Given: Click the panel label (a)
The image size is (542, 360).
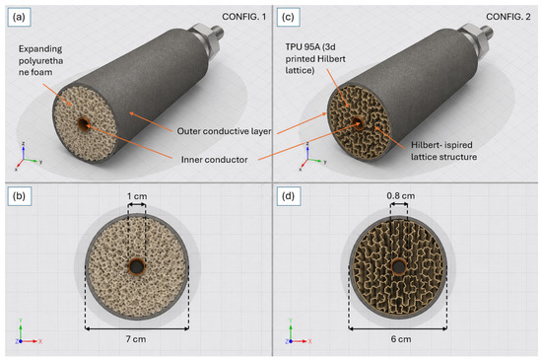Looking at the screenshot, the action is click(x=19, y=17).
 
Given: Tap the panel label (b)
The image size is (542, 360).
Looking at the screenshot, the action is click(x=19, y=196).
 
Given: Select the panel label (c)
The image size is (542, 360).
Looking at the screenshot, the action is click(x=288, y=17).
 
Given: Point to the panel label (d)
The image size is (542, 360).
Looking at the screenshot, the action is click(x=289, y=196).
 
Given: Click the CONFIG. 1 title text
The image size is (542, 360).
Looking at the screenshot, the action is click(x=244, y=17).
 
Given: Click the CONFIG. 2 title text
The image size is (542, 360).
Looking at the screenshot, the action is click(x=508, y=17).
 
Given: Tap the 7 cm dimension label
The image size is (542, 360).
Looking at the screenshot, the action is click(x=136, y=339).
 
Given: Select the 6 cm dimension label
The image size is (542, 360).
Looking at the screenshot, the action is click(x=401, y=339).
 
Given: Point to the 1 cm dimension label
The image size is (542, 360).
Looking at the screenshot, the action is click(x=137, y=196).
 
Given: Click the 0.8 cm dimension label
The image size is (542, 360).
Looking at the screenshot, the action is click(x=401, y=195).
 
